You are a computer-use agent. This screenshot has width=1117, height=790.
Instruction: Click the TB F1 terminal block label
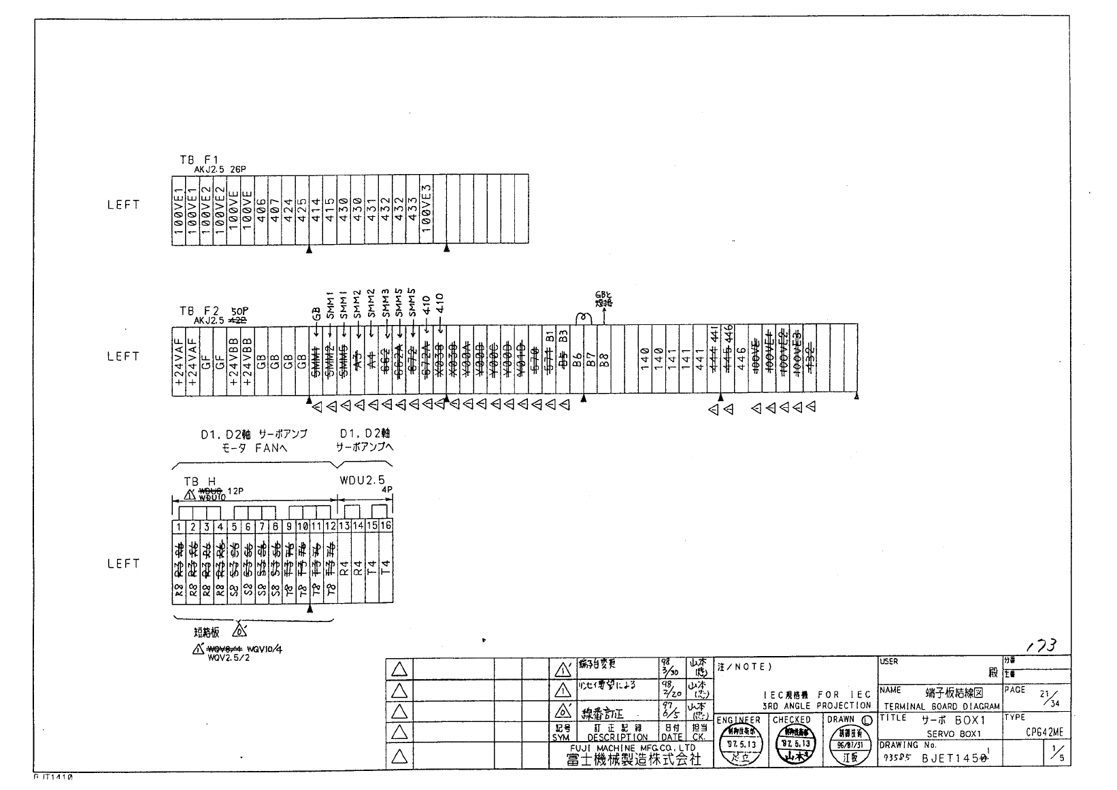pos(199,160)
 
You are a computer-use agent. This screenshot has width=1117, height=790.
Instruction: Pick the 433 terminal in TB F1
pos(412,210)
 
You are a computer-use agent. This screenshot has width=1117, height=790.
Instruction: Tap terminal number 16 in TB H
pos(386,526)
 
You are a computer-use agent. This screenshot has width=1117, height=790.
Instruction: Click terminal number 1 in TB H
pos(179,526)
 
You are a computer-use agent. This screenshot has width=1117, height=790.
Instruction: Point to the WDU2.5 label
pos(362,481)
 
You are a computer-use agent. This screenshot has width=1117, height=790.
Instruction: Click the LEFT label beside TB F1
pos(123,205)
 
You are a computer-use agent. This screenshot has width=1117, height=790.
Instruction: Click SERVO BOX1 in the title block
pos(954,734)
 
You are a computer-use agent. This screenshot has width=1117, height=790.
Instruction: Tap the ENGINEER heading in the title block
pos(738,720)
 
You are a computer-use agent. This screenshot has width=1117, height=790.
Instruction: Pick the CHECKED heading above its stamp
pos(792,720)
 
